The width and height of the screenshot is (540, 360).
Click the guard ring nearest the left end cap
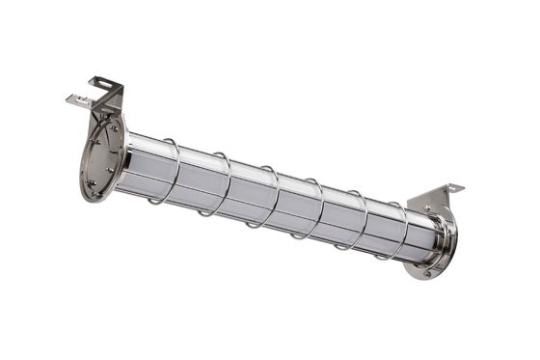(x=175, y=172)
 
